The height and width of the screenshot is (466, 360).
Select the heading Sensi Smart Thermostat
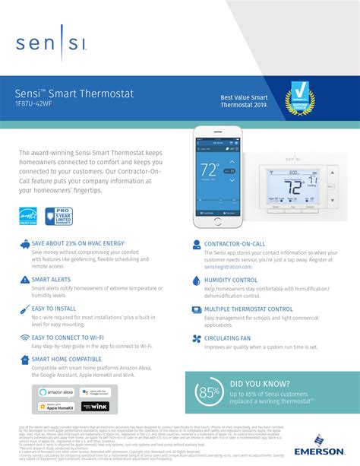point(74,93)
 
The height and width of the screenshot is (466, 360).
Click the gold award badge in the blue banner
point(301,98)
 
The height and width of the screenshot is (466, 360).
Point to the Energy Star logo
point(28,216)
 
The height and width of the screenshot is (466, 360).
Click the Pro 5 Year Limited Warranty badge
point(58,216)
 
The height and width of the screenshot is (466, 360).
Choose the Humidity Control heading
point(231,280)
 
